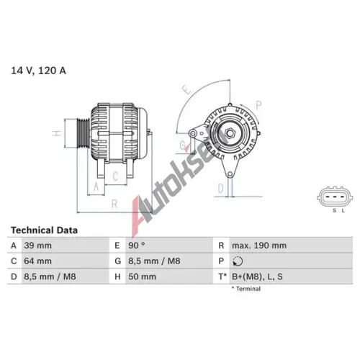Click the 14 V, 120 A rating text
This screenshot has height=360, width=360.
coord(38,71)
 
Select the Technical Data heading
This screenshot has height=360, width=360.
coord(44,230)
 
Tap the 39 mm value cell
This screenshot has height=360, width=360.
coord(37,246)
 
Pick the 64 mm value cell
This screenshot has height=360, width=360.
coord(37,261)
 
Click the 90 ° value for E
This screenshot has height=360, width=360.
coord(137,246)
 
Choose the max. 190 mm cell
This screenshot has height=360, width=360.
coord(259,246)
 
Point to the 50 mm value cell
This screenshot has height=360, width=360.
coord(142,276)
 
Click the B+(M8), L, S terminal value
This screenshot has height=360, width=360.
coord(257,276)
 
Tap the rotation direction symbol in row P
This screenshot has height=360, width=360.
coord(238,261)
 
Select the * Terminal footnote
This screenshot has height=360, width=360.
coord(246,289)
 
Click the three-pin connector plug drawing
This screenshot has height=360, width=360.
coord(335,197)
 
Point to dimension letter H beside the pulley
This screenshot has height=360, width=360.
coord(57,133)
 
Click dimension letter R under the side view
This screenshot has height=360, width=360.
coord(114,204)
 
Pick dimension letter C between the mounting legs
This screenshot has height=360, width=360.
coord(115,176)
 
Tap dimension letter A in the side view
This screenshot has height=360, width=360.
coord(96,186)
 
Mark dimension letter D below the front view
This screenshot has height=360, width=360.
coord(220,188)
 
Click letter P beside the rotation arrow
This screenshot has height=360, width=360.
coord(258,105)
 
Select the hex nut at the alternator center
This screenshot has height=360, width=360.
coord(230,133)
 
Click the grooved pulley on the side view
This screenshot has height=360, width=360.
coord(83,133)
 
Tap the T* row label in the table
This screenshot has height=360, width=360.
coord(222,276)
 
